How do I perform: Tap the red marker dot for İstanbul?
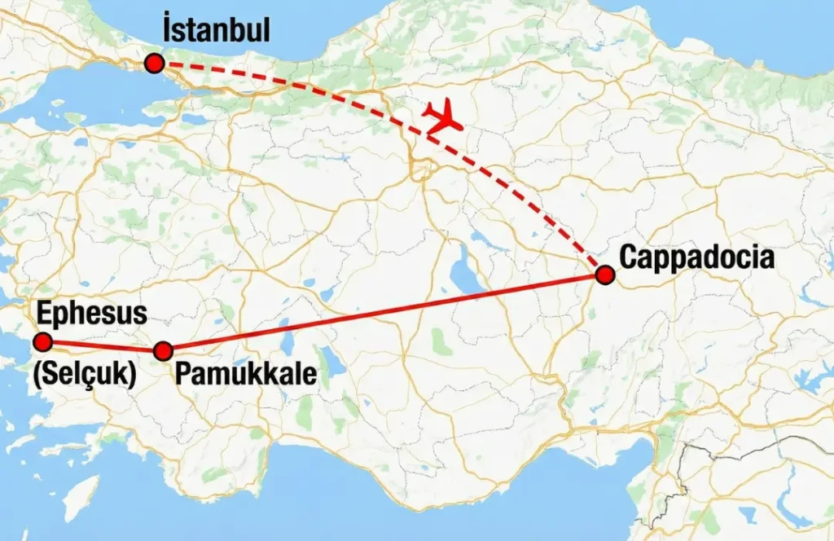153,64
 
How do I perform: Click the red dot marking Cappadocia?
604,275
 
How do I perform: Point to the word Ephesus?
92,314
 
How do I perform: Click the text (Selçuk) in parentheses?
84,375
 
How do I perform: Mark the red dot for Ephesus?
42,341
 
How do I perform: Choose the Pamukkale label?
247,374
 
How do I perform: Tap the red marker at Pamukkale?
164,351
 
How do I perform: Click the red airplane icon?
442,119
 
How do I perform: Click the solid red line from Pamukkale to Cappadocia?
383,314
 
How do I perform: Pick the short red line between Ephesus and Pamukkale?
103,346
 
